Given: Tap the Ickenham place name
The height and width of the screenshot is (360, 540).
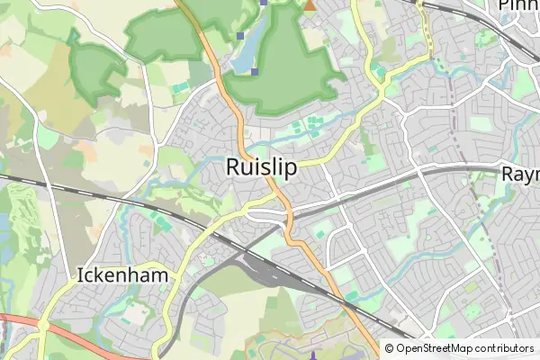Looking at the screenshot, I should click(124, 275).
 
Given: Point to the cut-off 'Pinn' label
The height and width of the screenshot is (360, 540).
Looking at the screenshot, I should click(518, 6).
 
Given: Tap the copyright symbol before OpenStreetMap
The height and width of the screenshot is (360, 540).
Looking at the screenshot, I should click(390, 348).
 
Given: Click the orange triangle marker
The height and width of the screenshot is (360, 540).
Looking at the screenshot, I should click(310, 5).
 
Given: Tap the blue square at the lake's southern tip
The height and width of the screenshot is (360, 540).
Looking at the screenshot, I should click(255, 72).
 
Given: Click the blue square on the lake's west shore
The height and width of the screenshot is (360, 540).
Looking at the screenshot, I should click(240, 36).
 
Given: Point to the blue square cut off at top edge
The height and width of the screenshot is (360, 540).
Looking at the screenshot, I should click(263, 3).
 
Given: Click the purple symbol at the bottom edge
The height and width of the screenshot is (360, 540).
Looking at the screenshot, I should click(312, 355).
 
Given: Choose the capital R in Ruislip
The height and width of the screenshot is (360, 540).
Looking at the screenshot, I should click(234, 167).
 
